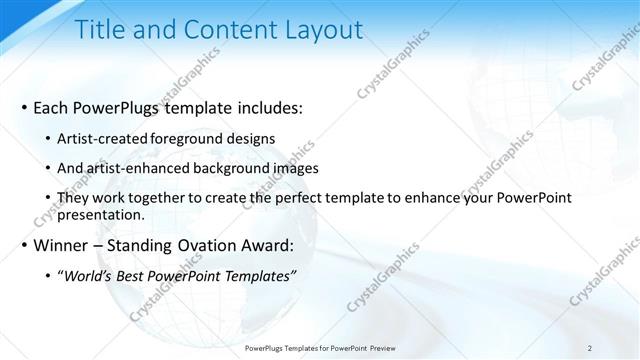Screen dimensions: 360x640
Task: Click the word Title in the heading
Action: [99, 30]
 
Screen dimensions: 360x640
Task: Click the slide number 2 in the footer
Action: [590, 348]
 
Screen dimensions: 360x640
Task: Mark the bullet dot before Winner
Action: [23, 246]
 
